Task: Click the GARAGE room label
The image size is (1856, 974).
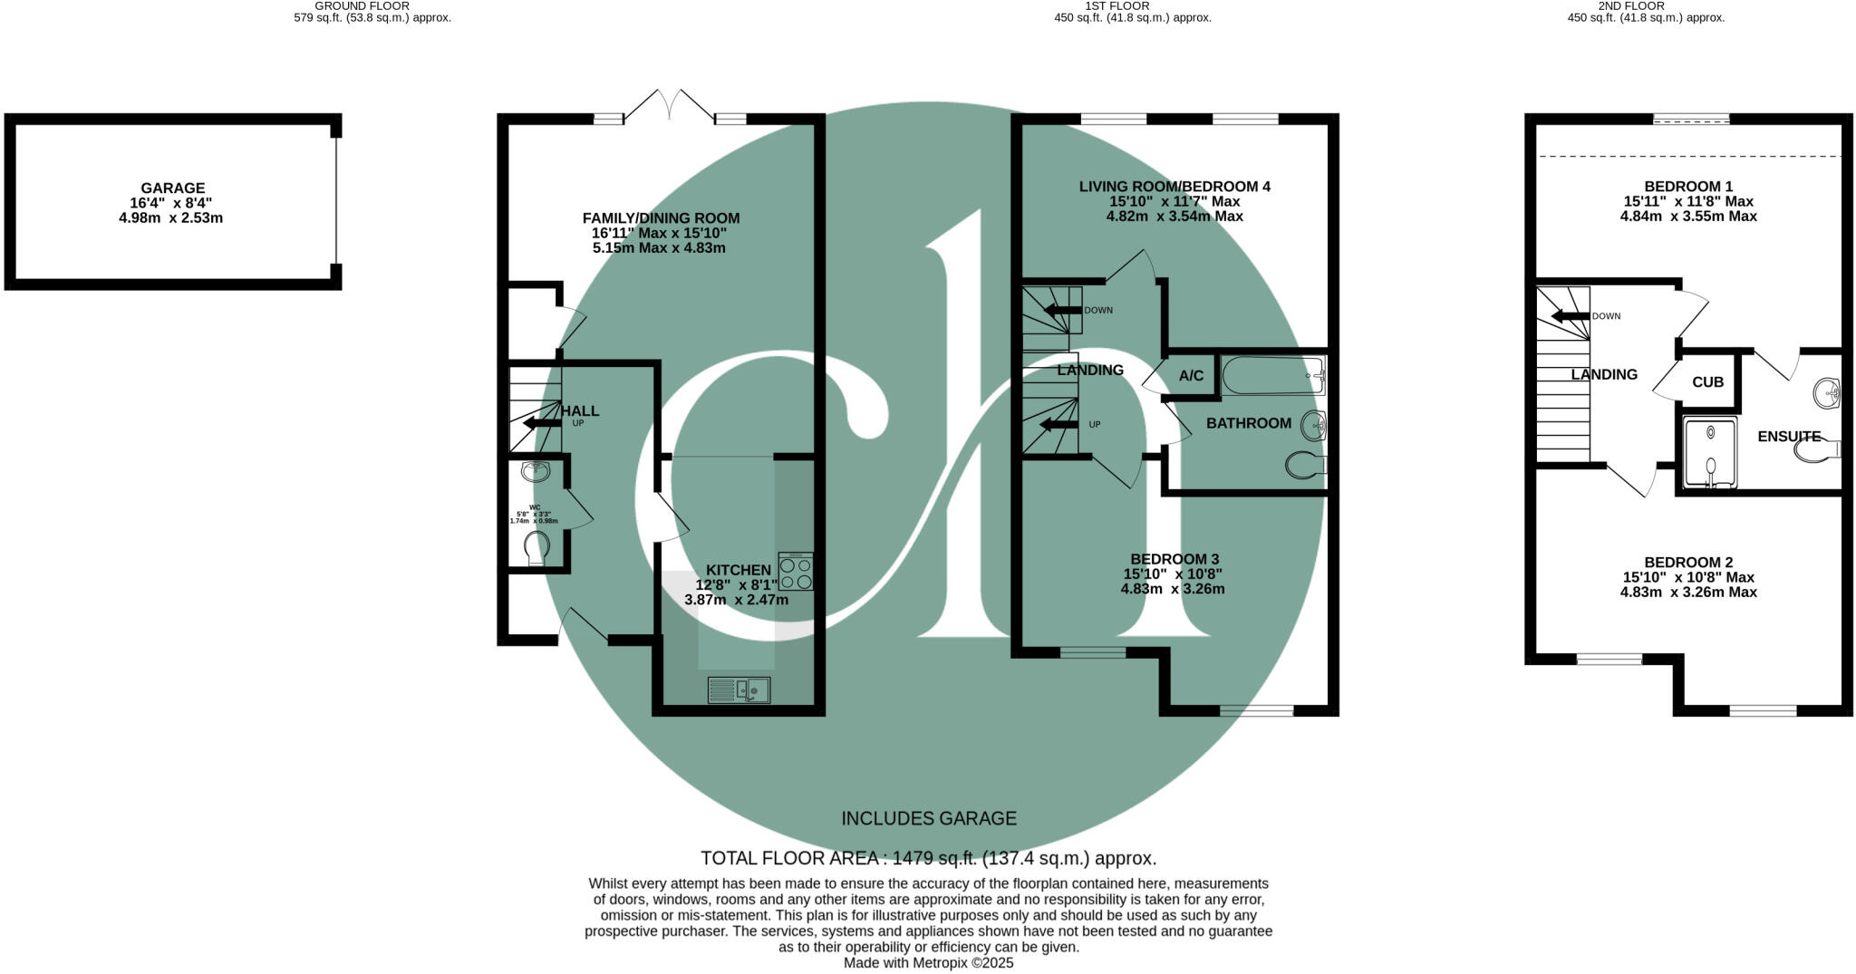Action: [x=172, y=188]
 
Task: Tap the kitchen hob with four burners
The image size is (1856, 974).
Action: [x=796, y=572]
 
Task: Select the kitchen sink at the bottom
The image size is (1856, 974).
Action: [x=739, y=690]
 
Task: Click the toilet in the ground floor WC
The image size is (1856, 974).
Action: [x=536, y=547]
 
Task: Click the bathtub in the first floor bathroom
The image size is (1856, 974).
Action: [x=1272, y=375]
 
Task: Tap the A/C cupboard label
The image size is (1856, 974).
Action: [x=1191, y=376]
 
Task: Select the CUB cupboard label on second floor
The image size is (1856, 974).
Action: [x=1707, y=382]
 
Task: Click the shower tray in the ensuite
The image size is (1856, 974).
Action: [x=1710, y=453]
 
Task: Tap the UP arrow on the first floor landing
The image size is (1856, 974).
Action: [x=1058, y=425]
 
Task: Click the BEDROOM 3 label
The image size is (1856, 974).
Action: [x=1173, y=559]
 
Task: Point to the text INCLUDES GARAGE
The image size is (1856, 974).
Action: [x=929, y=819]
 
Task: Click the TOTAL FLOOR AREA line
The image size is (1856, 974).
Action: [x=929, y=858]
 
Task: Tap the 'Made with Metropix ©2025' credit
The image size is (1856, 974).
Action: [x=929, y=963]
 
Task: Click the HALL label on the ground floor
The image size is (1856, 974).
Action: [x=580, y=410]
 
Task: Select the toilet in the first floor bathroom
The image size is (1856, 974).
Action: [x=1305, y=466]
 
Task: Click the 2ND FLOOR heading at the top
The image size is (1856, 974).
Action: [x=1646, y=5]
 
